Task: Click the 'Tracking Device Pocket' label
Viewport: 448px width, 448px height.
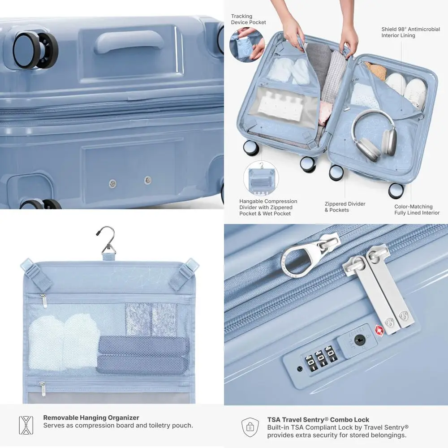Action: [248, 19]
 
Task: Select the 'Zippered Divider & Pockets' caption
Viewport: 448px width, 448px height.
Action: [345, 207]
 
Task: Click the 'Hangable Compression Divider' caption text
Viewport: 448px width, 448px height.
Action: [268, 207]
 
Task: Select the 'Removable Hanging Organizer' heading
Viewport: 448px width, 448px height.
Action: [91, 418]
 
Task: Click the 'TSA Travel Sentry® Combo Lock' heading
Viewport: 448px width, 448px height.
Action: [318, 420]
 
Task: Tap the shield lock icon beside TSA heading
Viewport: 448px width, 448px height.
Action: [250, 428]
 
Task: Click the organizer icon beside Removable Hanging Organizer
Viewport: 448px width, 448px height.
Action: [26, 425]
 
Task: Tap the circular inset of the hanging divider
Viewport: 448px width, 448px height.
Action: [261, 179]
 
